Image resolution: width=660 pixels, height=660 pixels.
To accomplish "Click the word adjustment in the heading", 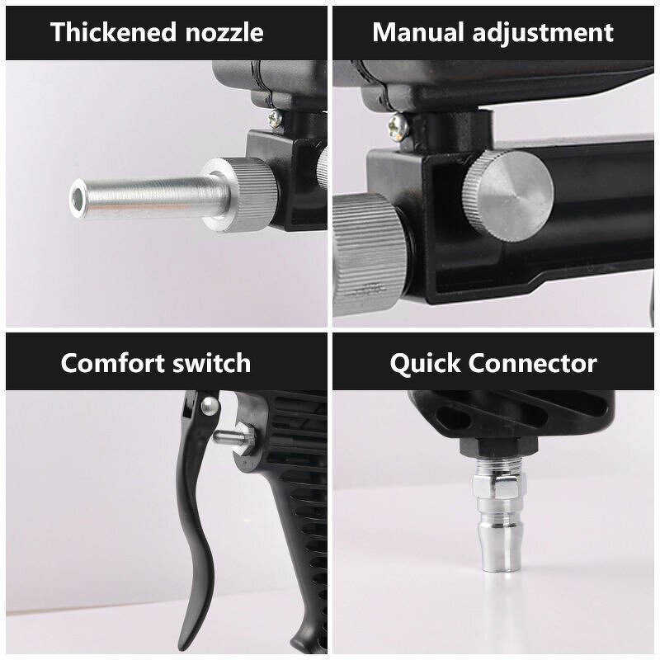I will [x=544, y=32].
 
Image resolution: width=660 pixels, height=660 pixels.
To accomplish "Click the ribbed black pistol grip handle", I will [x=289, y=528].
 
